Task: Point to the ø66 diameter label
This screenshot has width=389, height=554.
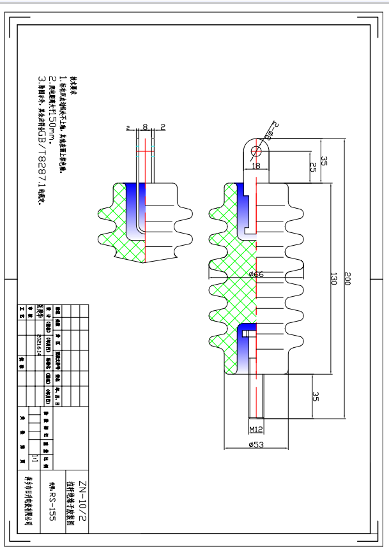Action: coord(256,274)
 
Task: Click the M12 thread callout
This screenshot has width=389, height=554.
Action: coord(256,429)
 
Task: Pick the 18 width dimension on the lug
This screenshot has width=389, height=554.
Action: coord(257,166)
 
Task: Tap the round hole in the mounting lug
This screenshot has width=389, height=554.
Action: coord(256,151)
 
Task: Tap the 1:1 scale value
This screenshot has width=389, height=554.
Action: coord(43,457)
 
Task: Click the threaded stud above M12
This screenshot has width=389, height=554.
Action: coord(256,396)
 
